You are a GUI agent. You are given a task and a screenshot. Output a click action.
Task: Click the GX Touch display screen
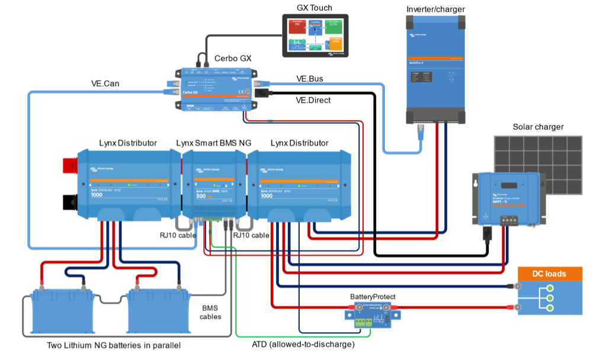coord(315,36)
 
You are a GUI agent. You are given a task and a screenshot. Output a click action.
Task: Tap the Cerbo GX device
coord(217,89)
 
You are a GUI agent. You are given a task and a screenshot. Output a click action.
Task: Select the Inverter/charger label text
coord(435,9)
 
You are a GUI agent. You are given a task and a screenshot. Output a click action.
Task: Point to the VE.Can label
coord(105,83)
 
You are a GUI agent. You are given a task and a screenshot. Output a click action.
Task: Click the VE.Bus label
coord(309,79)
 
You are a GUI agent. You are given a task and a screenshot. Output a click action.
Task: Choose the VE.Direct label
coord(313,100)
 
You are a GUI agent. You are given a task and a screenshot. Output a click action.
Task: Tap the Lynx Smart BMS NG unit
coord(213,184)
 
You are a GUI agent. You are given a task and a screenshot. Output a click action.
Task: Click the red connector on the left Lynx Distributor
coord(70,169)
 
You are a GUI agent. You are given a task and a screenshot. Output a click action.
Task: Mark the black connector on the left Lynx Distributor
coord(70,202)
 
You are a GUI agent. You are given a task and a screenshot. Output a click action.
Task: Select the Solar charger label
coord(538,127)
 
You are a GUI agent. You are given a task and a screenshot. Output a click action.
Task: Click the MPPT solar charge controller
coord(509,195)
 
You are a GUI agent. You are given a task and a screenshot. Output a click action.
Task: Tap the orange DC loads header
coord(550,274)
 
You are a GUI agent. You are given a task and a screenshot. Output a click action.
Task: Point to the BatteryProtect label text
coord(373,297)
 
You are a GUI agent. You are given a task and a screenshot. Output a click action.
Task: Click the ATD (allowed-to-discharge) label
coord(303,344)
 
